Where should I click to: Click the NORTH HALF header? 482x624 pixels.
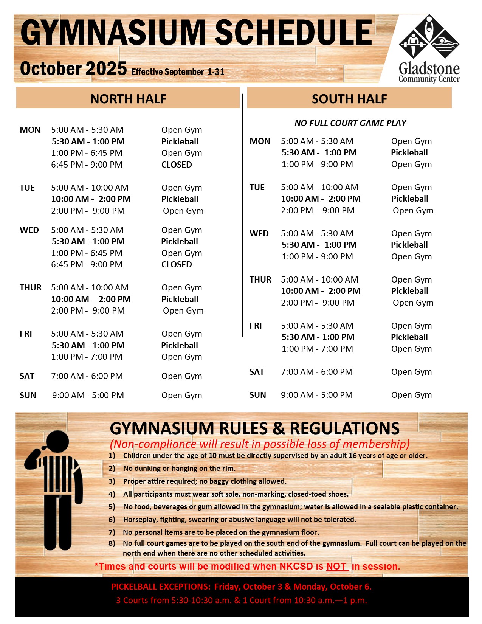128,99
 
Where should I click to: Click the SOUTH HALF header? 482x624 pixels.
349,99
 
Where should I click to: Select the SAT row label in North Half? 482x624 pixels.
27,376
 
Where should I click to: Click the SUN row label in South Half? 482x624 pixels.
257,395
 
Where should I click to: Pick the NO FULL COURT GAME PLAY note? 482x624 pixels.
350,123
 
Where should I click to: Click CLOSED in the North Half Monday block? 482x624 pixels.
177,165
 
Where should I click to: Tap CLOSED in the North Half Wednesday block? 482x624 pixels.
177,264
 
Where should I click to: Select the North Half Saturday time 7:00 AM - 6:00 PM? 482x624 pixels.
87,376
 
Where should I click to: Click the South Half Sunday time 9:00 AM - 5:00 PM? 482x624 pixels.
316,395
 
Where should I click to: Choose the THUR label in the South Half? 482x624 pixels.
260,279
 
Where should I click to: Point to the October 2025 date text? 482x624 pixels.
73,68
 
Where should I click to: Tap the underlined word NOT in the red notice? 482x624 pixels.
336,566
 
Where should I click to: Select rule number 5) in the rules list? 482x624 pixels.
112,507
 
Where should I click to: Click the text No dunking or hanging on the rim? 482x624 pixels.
179,468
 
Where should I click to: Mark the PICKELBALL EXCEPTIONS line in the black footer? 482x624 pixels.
241,587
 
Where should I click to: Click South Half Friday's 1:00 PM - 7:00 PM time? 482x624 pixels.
317,349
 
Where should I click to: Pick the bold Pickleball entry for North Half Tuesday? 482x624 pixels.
180,199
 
